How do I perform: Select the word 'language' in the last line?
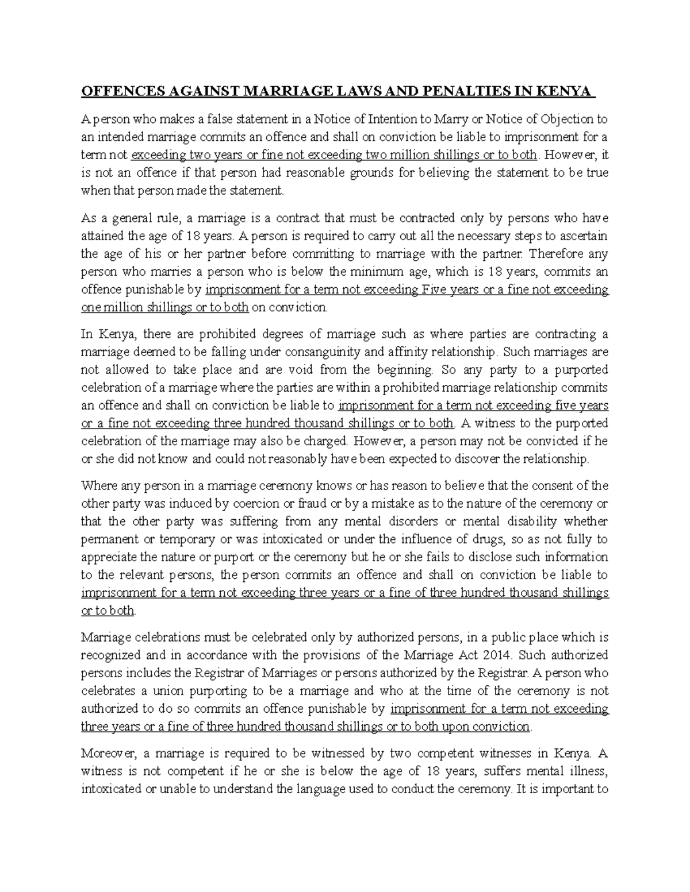tap(351, 789)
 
